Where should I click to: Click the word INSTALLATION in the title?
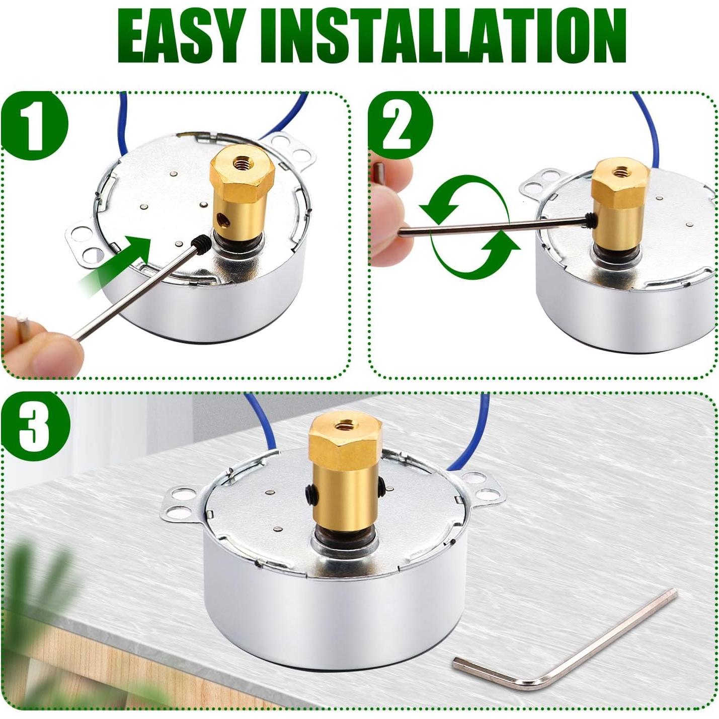coord(443,36)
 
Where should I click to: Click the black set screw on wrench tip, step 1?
coord(201,244)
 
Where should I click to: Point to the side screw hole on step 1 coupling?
coord(222,218)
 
